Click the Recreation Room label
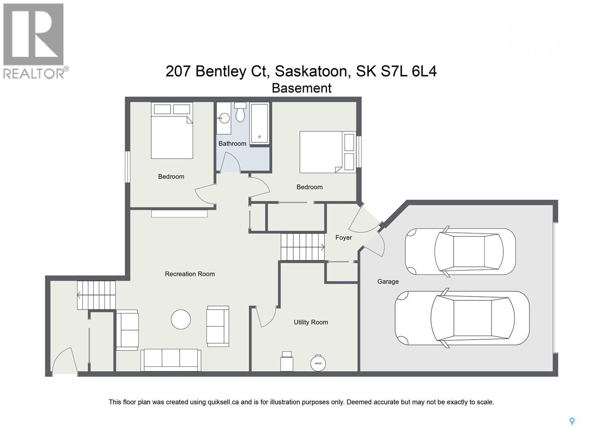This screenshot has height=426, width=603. click(x=190, y=274)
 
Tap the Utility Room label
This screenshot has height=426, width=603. click(x=311, y=322)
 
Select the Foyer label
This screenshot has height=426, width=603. click(x=343, y=238)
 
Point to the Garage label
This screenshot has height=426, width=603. click(x=388, y=282)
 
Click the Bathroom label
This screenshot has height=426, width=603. click(x=232, y=144)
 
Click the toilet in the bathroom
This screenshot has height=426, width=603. click(x=240, y=112)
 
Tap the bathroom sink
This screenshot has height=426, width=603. click(x=224, y=118)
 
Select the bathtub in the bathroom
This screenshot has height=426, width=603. click(x=260, y=123)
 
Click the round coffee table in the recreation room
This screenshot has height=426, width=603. click(x=181, y=320)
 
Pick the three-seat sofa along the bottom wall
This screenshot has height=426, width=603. click(x=171, y=360)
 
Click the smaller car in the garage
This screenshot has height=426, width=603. click(x=460, y=251)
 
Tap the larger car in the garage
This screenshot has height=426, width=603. click(x=462, y=318)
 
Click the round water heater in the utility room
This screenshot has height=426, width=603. click(x=318, y=363)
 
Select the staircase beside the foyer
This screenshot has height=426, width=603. click(x=303, y=247)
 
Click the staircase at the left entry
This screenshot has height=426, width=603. click(x=96, y=295)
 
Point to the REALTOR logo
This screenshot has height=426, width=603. click(x=34, y=41)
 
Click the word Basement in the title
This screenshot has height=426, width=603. click(x=301, y=88)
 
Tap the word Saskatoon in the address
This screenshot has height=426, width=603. click(x=311, y=71)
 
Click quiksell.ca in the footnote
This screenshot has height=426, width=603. click(x=223, y=402)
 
